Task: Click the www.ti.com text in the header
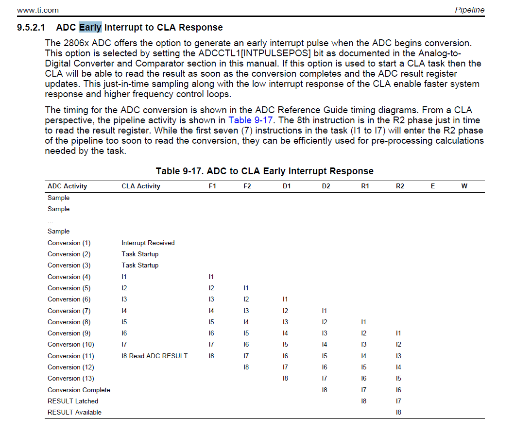pos(37,10)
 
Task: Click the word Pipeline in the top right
pos(469,10)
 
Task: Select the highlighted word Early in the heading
pos(90,27)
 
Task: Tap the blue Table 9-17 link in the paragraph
pos(250,120)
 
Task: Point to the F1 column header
pos(212,186)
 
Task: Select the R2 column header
pos(400,186)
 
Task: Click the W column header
pos(464,186)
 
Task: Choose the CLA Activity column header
pos(141,186)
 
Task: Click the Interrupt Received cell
pos(148,243)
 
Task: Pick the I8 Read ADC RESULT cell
pos(154,356)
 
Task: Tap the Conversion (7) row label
pos(69,311)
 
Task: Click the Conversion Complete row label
pos(79,390)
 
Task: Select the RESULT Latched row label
pos(73,401)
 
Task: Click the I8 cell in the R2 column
pos(399,412)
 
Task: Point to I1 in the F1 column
pos(211,277)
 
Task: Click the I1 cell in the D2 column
pos(324,311)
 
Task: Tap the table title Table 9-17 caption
pos(265,171)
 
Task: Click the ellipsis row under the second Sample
pos(50,221)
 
